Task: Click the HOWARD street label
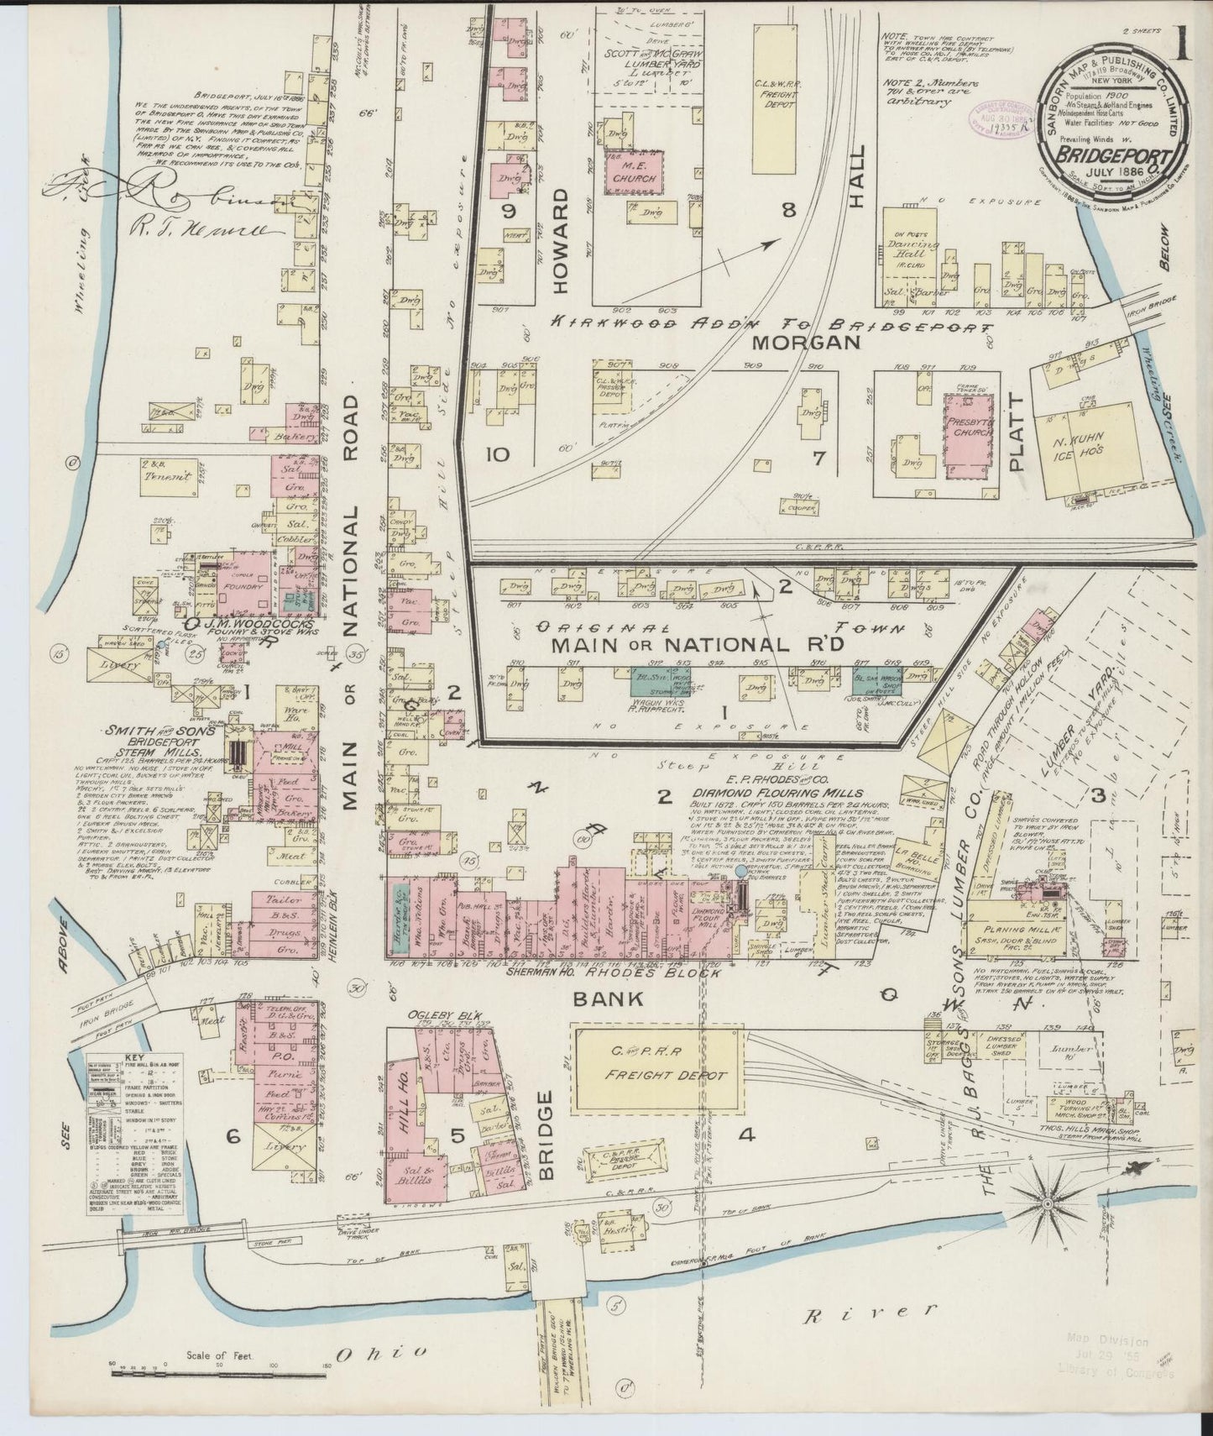(560, 240)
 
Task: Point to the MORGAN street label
(806, 343)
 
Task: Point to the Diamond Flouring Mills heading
(776, 791)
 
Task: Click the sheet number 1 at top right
(1184, 42)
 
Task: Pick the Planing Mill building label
(1014, 930)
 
